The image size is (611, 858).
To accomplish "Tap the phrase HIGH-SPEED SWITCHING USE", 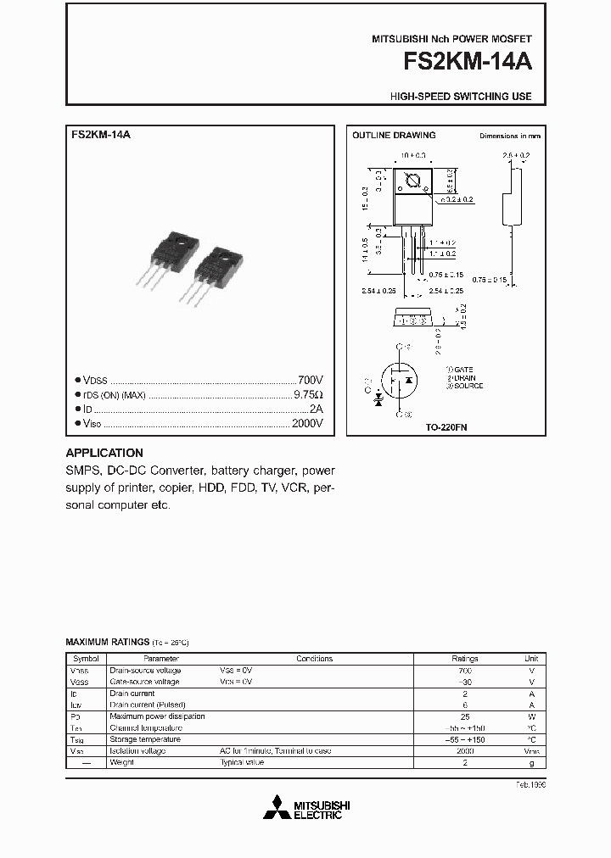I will point(461,97).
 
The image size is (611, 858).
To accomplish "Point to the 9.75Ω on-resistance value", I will point(308,394).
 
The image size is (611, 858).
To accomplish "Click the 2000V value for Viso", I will point(306,423).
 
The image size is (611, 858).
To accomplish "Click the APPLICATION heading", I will point(104,453).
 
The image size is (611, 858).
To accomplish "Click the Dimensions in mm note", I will point(509,136).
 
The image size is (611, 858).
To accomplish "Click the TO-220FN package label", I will point(446,428).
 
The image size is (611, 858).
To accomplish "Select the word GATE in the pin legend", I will point(463,370).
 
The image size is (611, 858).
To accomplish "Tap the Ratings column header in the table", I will point(465,659).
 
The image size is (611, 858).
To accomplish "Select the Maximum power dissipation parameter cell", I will point(157,716).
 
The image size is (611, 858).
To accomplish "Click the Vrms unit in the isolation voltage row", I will point(531,751).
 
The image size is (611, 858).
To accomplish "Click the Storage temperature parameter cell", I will point(145,739).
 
